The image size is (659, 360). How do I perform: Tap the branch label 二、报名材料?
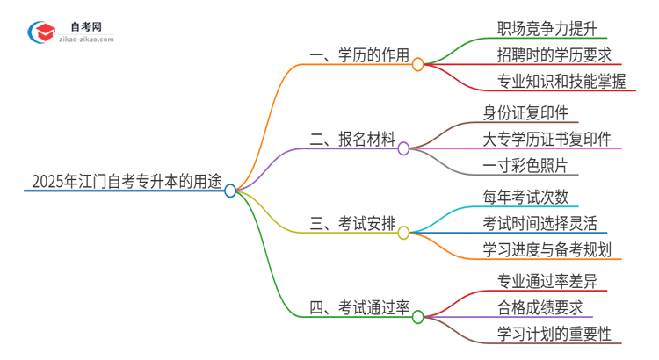[x=352, y=140]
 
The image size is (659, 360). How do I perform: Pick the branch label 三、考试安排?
[x=352, y=225]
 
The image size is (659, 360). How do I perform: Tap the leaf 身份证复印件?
[x=525, y=112]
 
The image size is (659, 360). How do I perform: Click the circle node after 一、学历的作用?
[x=418, y=64]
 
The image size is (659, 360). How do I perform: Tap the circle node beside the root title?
[x=230, y=191]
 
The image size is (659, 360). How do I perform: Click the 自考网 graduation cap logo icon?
[x=42, y=33]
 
